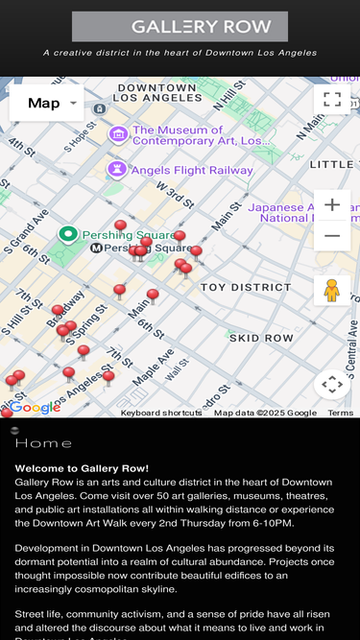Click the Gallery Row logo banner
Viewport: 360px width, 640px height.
pyautogui.click(x=180, y=27)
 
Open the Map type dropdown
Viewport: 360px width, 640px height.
pyautogui.click(x=46, y=103)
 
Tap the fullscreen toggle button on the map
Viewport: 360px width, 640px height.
pyautogui.click(x=332, y=99)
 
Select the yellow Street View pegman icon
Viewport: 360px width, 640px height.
pyautogui.click(x=332, y=290)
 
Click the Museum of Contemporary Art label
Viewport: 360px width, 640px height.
pyautogui.click(x=202, y=135)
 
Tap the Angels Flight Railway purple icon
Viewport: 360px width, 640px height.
pyautogui.click(x=117, y=170)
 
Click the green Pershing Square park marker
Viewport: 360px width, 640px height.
pyautogui.click(x=68, y=234)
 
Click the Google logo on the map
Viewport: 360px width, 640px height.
pyautogui.click(x=36, y=408)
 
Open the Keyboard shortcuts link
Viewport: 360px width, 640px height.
pyautogui.click(x=161, y=413)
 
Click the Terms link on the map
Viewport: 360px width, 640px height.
pyautogui.click(x=341, y=413)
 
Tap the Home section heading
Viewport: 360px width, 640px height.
pyautogui.click(x=44, y=443)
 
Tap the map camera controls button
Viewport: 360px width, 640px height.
pyautogui.click(x=332, y=384)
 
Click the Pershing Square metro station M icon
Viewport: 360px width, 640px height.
pyautogui.click(x=96, y=248)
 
